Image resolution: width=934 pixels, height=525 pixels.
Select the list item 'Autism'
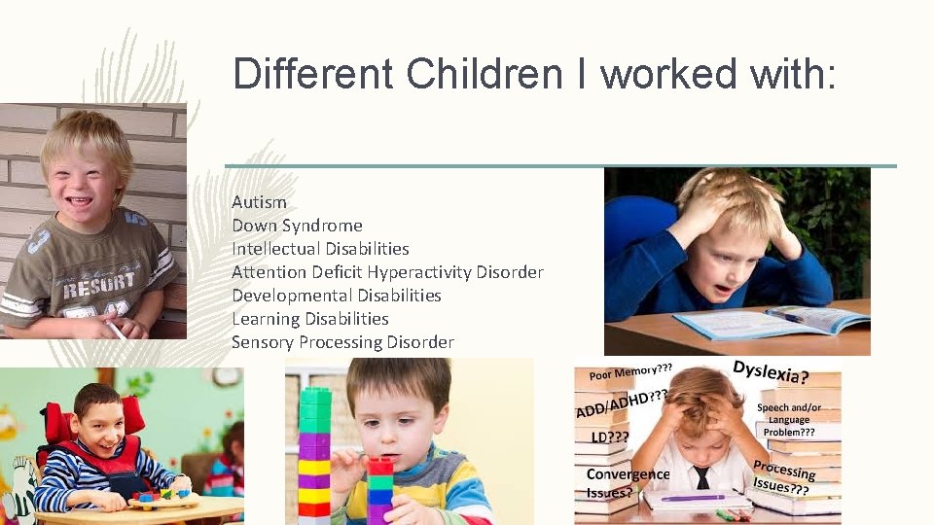(x=259, y=202)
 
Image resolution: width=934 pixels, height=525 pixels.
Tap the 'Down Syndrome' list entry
(x=297, y=226)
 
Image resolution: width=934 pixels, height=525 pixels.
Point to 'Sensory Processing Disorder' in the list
(x=342, y=342)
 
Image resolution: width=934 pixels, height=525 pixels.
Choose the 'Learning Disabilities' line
(x=309, y=319)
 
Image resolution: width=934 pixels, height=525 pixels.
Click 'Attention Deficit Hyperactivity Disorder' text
(x=387, y=272)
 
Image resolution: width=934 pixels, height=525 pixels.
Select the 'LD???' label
(x=609, y=437)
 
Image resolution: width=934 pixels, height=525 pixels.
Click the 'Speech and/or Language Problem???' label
(x=789, y=419)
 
